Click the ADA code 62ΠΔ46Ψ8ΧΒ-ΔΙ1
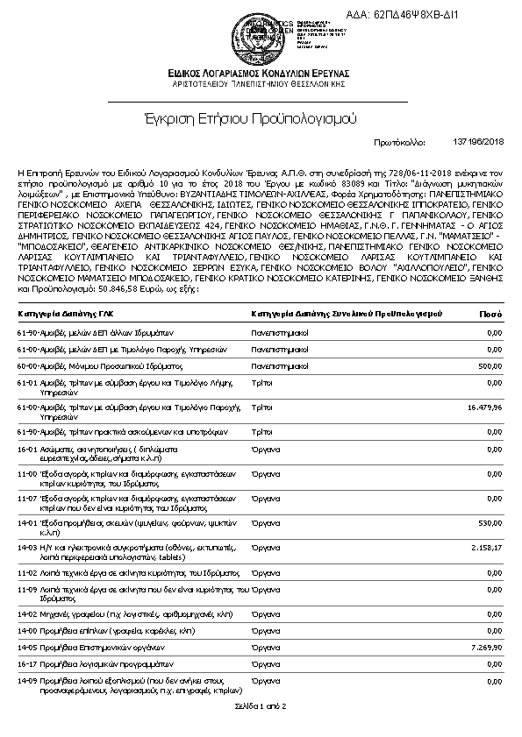point(451,16)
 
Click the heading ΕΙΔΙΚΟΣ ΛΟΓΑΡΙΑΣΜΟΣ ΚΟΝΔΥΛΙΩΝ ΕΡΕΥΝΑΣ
point(261,73)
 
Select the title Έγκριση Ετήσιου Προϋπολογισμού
point(261,117)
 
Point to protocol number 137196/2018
point(479,141)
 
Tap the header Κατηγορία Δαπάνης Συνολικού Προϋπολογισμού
point(346,313)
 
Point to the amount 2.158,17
point(486,547)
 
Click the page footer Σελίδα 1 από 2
point(261,705)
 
